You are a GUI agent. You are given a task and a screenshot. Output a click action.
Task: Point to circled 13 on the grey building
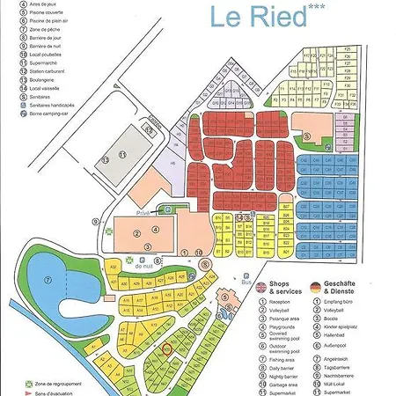pos(105,159)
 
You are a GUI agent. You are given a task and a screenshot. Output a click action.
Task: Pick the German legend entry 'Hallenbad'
pos(339,332)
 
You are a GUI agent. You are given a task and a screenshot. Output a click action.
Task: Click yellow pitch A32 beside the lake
pos(112,264)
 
